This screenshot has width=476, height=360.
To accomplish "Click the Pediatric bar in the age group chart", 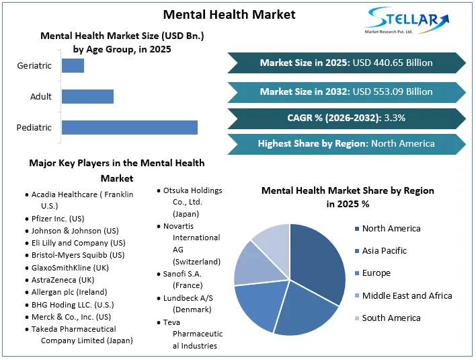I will click(129, 127).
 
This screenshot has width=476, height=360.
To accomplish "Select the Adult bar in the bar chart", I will click(87, 96).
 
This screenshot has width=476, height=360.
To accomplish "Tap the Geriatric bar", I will click(73, 65).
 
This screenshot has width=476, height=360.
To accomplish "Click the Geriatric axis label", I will click(34, 65).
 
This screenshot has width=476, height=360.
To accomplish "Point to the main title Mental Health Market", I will click(229, 14).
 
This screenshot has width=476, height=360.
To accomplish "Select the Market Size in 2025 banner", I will click(346, 63).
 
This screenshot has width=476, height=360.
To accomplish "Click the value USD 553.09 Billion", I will click(393, 92).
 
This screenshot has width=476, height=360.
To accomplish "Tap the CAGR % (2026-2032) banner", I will click(346, 118).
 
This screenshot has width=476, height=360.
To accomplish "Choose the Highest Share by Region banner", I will click(346, 143).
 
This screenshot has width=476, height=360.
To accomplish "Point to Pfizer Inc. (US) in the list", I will click(58, 219).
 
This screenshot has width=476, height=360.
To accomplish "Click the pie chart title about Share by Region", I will click(348, 197).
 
